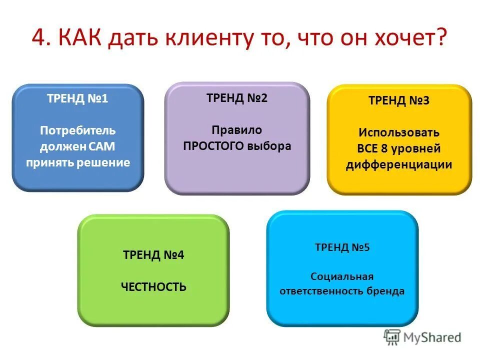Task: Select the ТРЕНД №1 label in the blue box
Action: (x=77, y=98)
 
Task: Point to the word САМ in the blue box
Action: (x=103, y=147)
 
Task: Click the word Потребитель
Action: (x=77, y=131)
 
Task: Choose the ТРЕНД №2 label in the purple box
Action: (x=237, y=98)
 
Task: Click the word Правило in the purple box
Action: (x=237, y=130)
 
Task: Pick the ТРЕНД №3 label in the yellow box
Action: (x=399, y=100)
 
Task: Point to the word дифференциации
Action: (x=399, y=165)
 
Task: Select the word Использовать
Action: (x=399, y=132)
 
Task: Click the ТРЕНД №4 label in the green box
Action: (x=153, y=255)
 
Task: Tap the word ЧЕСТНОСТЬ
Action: (x=153, y=287)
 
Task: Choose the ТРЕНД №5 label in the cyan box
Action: (x=342, y=247)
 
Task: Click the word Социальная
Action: (x=342, y=276)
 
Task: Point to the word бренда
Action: (x=386, y=291)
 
